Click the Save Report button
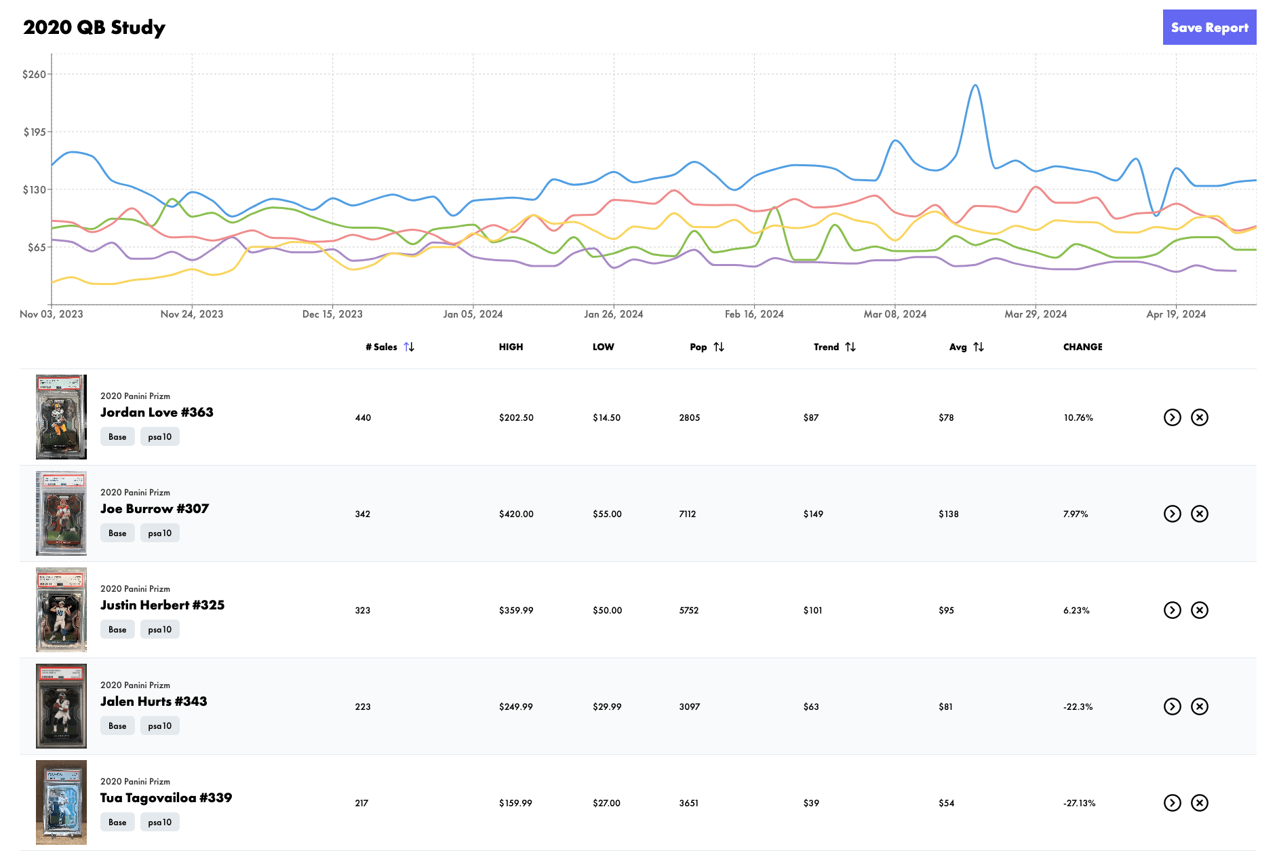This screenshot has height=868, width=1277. click(1209, 28)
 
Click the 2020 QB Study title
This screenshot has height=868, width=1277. click(94, 28)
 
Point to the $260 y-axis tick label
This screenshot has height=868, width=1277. click(34, 75)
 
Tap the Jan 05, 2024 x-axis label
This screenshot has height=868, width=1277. click(473, 314)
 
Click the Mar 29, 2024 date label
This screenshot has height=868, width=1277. click(1035, 314)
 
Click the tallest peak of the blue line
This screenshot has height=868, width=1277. click(975, 86)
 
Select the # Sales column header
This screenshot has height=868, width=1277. click(381, 347)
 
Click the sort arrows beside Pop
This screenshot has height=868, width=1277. click(719, 347)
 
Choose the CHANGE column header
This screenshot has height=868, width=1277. click(1082, 347)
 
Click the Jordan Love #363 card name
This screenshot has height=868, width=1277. click(157, 413)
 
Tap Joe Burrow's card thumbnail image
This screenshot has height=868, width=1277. click(61, 514)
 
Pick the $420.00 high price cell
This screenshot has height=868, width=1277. click(516, 514)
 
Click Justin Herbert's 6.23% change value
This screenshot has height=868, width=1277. click(1076, 611)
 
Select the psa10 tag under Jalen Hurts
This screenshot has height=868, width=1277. click(160, 726)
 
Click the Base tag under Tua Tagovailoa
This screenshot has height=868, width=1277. click(117, 823)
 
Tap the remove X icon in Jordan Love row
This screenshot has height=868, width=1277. click(1200, 417)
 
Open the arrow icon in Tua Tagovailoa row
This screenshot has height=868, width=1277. click(1172, 803)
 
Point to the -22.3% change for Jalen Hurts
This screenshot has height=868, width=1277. click(1078, 707)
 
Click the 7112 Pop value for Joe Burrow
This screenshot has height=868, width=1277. click(687, 514)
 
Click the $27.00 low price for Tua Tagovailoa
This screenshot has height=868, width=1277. click(606, 804)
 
